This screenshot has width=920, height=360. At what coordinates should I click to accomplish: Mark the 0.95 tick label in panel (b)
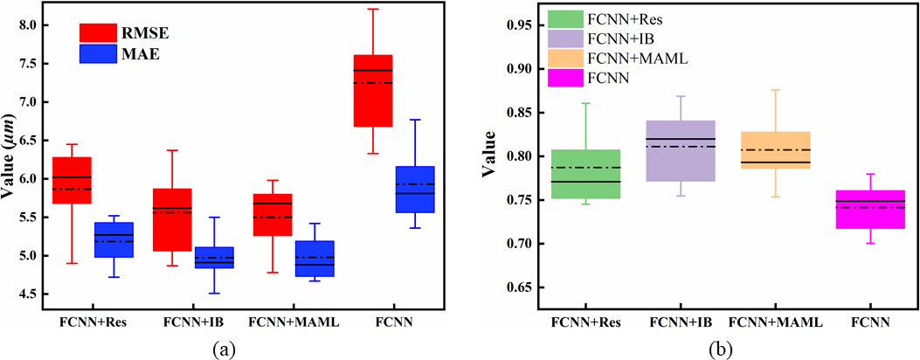tap(515, 25)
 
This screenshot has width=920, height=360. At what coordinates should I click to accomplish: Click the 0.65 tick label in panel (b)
tap(515, 287)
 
